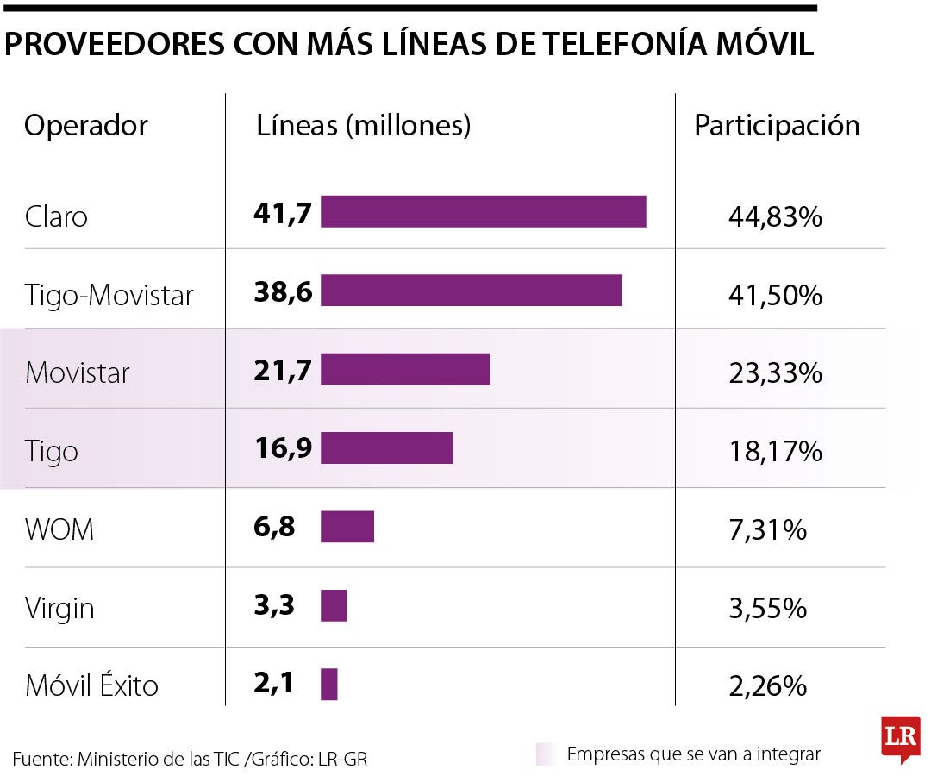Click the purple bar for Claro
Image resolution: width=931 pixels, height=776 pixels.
(483, 211)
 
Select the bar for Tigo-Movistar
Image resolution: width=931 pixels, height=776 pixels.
(471, 291)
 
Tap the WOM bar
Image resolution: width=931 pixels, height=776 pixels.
(347, 526)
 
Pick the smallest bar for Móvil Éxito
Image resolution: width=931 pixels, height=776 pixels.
(328, 685)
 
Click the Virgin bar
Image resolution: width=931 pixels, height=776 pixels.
(334, 605)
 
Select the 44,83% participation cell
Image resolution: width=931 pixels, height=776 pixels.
(775, 216)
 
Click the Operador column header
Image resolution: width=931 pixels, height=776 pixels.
(86, 126)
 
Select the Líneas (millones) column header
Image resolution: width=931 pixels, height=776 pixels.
(364, 126)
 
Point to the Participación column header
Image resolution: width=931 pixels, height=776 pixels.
(777, 126)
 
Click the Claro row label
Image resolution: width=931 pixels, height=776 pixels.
(57, 216)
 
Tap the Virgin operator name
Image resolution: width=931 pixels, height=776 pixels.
(59, 609)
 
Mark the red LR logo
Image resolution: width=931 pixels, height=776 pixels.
(900, 738)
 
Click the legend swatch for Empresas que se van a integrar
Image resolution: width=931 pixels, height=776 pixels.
(545, 754)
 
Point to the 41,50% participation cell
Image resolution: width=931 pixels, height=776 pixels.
(775, 296)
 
